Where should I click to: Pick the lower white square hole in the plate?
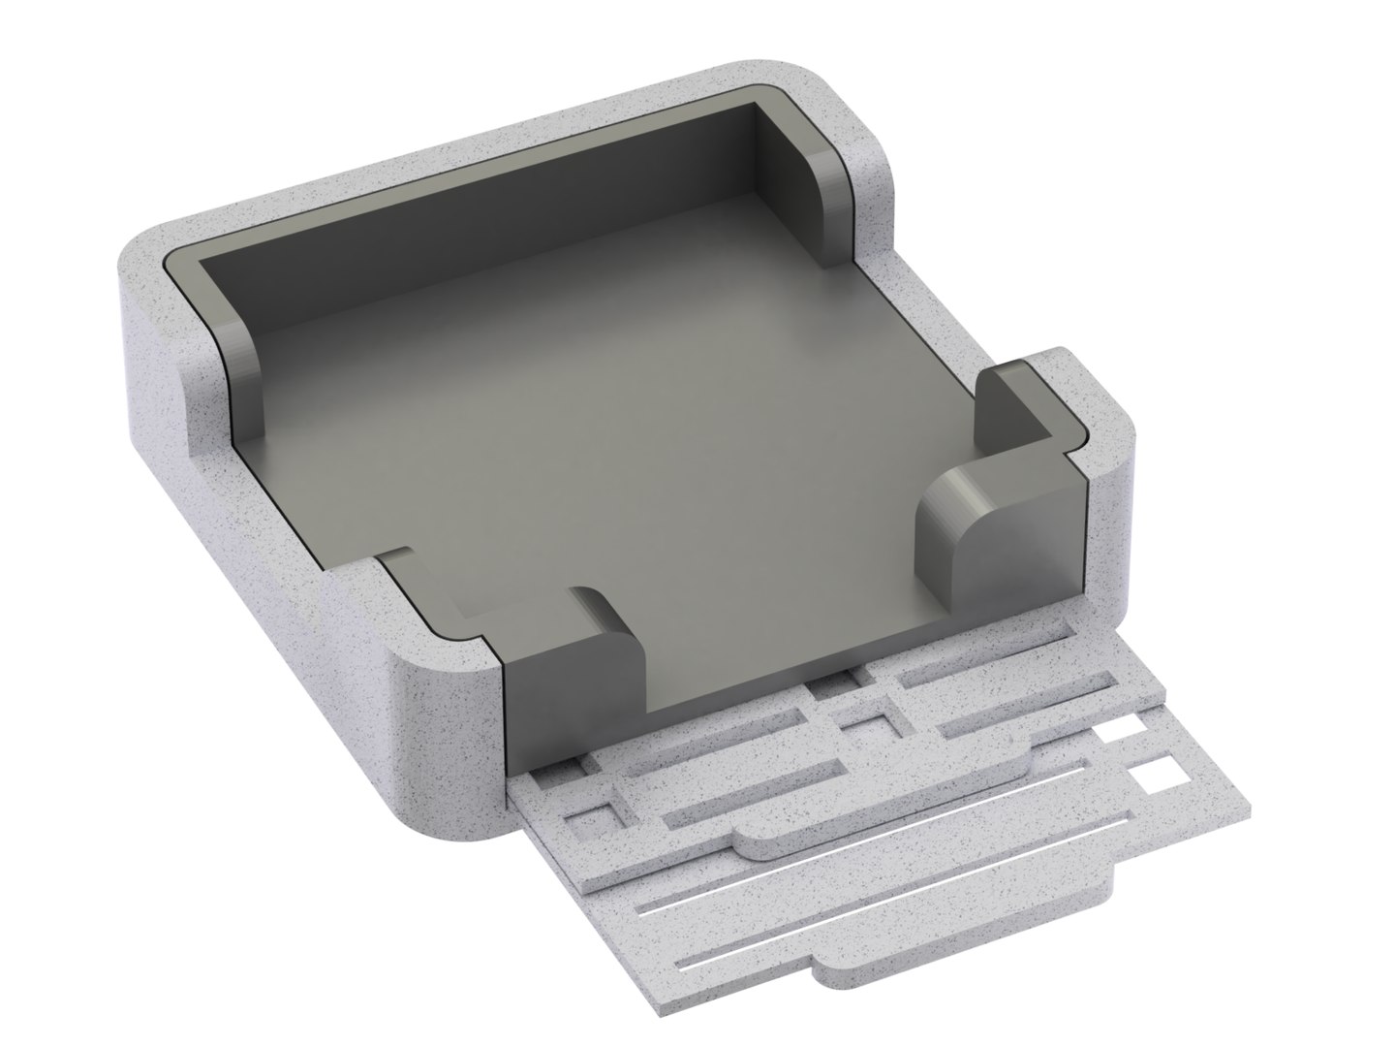click(1153, 777)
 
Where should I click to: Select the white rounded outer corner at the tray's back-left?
click(145, 281)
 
